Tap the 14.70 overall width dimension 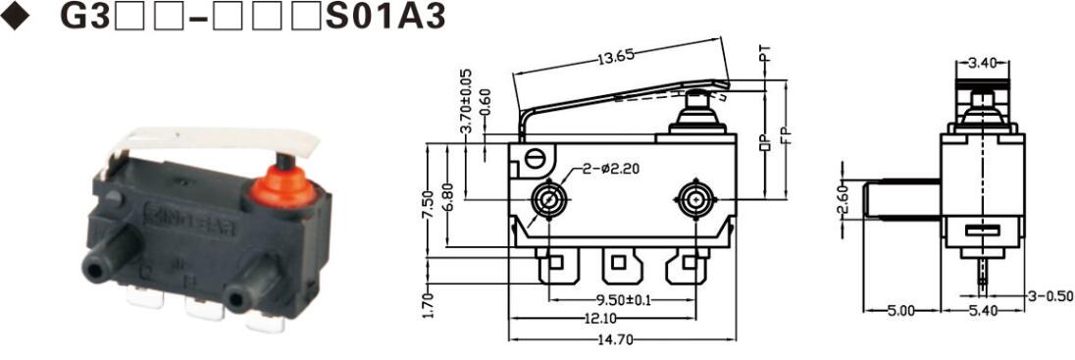pos(614,340)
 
